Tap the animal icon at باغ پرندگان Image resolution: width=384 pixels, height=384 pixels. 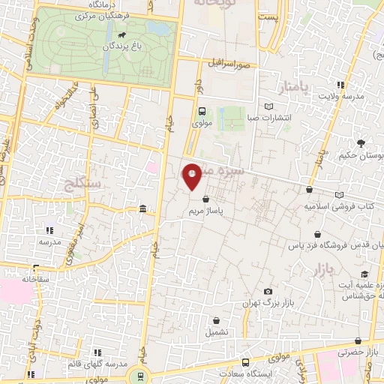pos(121,34)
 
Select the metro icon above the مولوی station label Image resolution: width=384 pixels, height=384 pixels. pos(200,111)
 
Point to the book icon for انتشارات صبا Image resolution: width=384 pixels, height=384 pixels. pos(269,107)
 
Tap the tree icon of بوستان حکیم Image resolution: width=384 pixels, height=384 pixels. pos(362,143)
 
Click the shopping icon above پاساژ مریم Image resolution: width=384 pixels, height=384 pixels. pos(206,199)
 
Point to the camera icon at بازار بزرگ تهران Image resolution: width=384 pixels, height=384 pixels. pos(268,292)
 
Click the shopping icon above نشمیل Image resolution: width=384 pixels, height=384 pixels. pos(216,320)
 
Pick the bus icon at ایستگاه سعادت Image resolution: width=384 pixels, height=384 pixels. pos(244,363)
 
